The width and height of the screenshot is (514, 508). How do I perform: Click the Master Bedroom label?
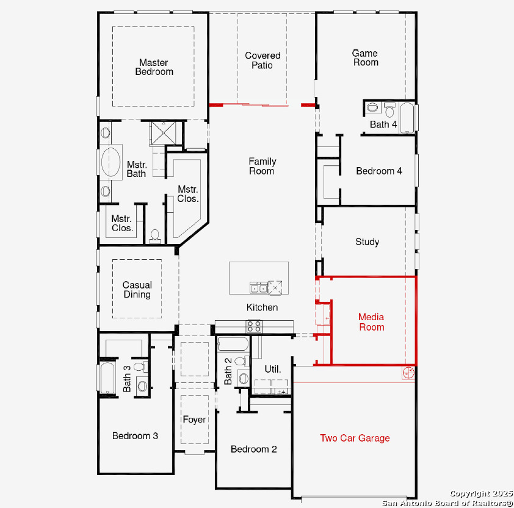pos(154,67)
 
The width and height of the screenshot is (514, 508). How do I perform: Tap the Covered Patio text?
pos(262,60)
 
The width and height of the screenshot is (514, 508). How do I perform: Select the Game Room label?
pos(365,58)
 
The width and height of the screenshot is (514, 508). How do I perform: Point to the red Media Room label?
pos(371,322)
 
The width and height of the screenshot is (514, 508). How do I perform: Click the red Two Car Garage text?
pos(355,438)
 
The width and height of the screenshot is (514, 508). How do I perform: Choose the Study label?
pos(367,242)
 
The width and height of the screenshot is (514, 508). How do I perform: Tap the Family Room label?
pos(262,166)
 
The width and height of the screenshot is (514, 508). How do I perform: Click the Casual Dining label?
pos(137,290)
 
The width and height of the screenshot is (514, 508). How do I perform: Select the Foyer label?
pos(194,420)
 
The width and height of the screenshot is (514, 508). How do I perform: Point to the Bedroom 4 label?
pos(379,171)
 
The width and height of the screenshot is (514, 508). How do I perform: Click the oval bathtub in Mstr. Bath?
pos(111,162)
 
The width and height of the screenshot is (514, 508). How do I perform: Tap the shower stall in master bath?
pos(163,133)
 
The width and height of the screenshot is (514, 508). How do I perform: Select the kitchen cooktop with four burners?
pos(254,326)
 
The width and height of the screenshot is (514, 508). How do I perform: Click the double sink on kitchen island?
pos(259,287)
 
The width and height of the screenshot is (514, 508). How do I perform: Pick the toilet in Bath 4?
pos(389,110)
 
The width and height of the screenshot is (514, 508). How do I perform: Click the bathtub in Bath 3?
pos(107,377)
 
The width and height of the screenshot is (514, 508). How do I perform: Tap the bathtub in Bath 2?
pos(233,344)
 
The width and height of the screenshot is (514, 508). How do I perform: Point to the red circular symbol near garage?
pos(408,373)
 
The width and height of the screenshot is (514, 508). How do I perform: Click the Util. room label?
pos(273,369)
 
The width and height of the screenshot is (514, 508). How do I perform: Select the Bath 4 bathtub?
pos(407,118)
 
